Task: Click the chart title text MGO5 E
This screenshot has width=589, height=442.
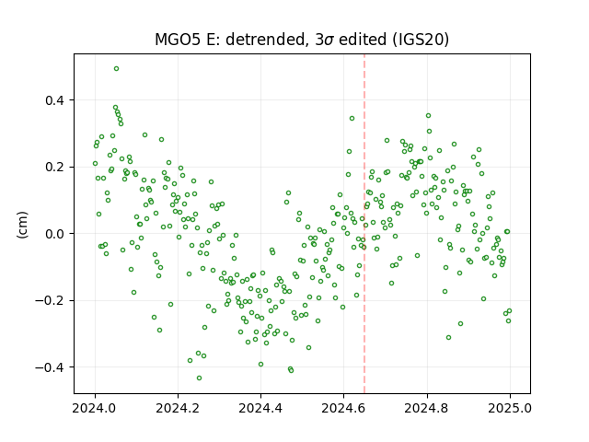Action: pyautogui.click(x=188, y=40)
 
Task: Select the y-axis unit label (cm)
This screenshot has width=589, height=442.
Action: pyautogui.click(x=22, y=225)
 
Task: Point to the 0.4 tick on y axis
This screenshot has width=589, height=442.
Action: pyautogui.click(x=54, y=100)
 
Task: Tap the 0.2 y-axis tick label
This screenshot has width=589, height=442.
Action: pyautogui.click(x=54, y=167)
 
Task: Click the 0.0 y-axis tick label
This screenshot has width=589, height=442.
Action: pyautogui.click(x=54, y=234)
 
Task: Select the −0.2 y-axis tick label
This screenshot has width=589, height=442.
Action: pyautogui.click(x=50, y=301)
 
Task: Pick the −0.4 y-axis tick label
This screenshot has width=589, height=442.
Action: pyautogui.click(x=50, y=367)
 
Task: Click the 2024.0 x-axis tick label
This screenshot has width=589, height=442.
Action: pyautogui.click(x=95, y=408)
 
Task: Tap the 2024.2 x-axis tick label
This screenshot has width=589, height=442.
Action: pyautogui.click(x=178, y=408)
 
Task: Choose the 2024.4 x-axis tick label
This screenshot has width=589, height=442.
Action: pyautogui.click(x=260, y=408)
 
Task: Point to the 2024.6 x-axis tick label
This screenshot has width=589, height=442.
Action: pyautogui.click(x=343, y=408)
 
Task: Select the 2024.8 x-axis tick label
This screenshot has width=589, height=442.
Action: pyautogui.click(x=426, y=408)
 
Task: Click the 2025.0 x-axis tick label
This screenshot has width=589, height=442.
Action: pyautogui.click(x=510, y=408)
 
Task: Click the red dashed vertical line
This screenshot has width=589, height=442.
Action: pyautogui.click(x=364, y=224)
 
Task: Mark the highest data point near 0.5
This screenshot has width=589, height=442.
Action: pyautogui.click(x=117, y=69)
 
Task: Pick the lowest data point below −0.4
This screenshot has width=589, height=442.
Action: pyautogui.click(x=199, y=378)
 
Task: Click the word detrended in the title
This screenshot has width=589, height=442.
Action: pyautogui.click(x=265, y=40)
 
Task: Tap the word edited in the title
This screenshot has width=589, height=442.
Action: pyautogui.click(x=363, y=40)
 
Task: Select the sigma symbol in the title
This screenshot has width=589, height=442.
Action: pyautogui.click(x=329, y=41)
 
